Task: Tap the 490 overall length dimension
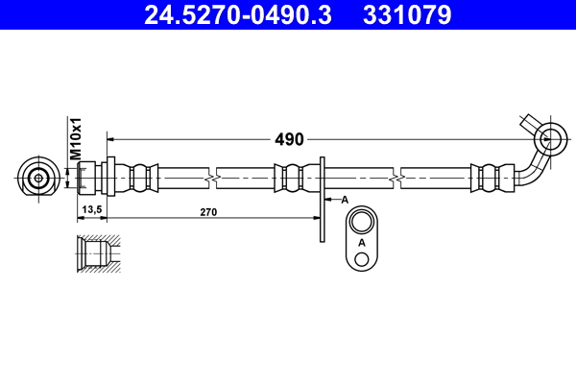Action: pyautogui.click(x=289, y=139)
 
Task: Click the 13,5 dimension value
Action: pyautogui.click(x=92, y=208)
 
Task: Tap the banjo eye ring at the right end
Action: pyautogui.click(x=550, y=136)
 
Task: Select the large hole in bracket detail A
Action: pyautogui.click(x=362, y=224)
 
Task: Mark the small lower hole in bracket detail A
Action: pyautogui.click(x=362, y=259)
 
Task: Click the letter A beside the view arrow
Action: pyautogui.click(x=344, y=200)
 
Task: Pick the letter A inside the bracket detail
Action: pyautogui.click(x=362, y=243)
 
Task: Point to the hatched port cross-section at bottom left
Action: pyautogui.click(x=96, y=255)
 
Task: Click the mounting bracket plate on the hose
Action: pyautogui.click(x=323, y=188)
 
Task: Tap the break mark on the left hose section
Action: pyautogui.click(x=210, y=179)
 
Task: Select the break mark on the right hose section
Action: pyautogui.click(x=396, y=179)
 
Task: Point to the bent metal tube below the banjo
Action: pyautogui.click(x=530, y=171)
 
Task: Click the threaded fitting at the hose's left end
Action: pyautogui.click(x=90, y=179)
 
